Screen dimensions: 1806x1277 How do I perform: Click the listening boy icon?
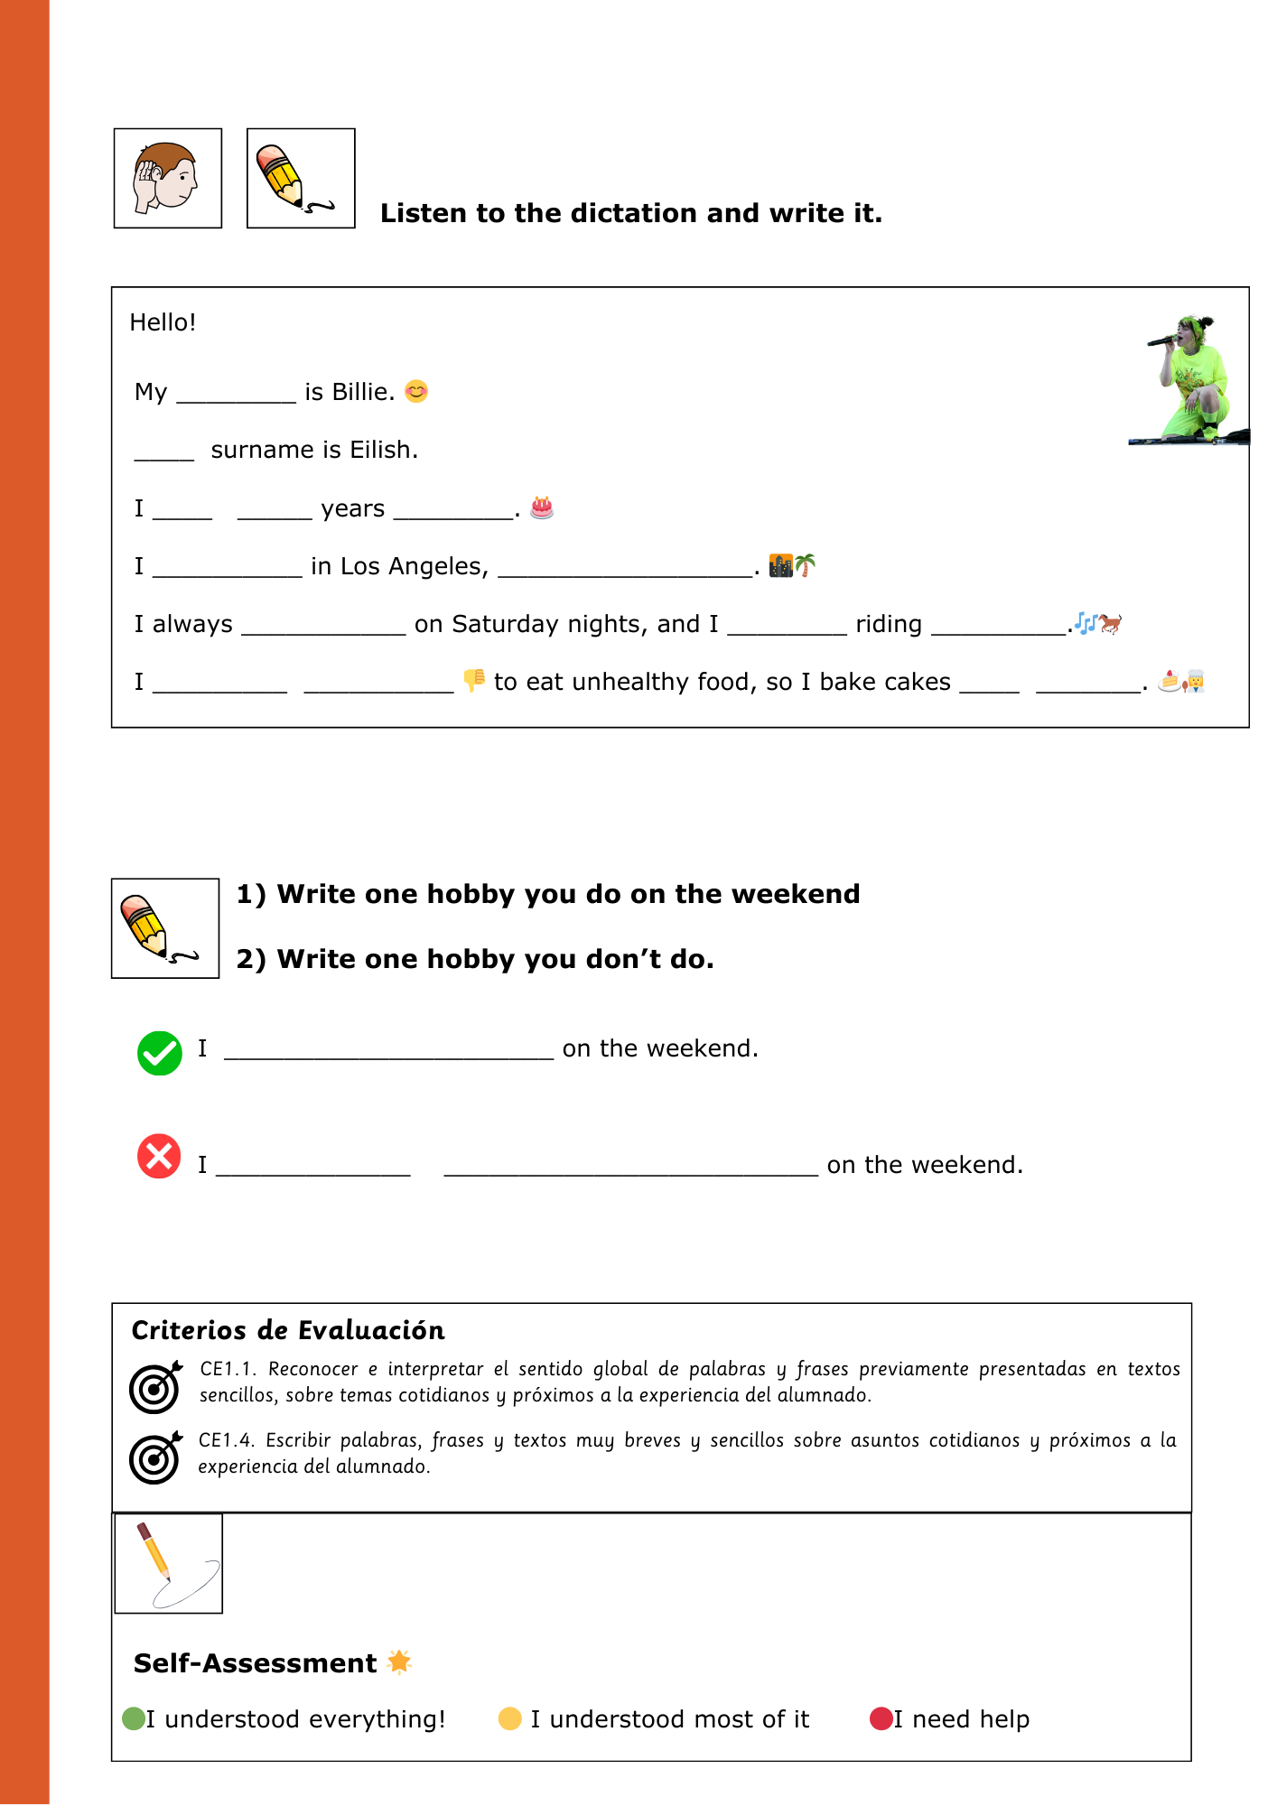tap(167, 178)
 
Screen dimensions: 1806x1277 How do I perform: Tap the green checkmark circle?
tap(160, 1053)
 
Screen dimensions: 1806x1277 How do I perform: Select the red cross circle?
tap(159, 1156)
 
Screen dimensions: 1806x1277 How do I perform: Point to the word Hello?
tap(163, 322)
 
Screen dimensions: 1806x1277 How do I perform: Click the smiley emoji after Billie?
tap(416, 391)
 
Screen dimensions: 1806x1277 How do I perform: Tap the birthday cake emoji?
tap(542, 507)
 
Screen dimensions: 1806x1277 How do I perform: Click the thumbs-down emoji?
tap(474, 680)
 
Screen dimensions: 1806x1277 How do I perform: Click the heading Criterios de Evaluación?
tap(288, 1330)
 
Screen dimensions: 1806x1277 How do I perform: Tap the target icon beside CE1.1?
tap(155, 1387)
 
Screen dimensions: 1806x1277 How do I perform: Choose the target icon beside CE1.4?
tap(155, 1457)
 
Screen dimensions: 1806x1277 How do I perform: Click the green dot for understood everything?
tap(134, 1718)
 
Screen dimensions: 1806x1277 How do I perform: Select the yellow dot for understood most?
tap(510, 1718)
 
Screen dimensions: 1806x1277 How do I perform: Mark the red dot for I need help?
tap(881, 1718)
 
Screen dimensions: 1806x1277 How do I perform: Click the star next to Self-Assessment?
tap(399, 1662)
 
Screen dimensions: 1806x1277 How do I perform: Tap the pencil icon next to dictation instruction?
tap(300, 178)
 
